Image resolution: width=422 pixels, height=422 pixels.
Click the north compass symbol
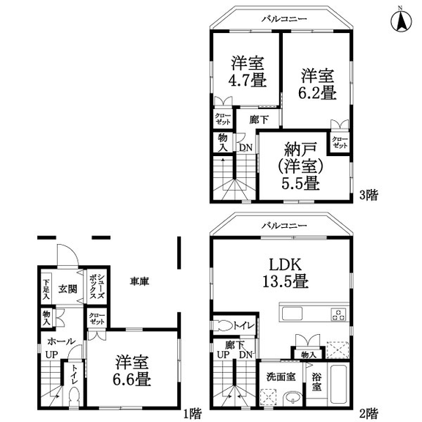[401, 21]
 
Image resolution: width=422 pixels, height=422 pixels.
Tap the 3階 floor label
[369, 195]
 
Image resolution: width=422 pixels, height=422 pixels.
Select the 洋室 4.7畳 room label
[248, 71]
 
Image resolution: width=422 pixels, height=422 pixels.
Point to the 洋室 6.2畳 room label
[317, 84]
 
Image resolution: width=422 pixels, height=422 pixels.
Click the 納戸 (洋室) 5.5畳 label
[300, 166]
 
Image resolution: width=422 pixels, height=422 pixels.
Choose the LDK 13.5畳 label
[286, 273]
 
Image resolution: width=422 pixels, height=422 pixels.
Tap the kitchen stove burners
[338, 314]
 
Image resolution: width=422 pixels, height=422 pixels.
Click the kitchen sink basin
[292, 314]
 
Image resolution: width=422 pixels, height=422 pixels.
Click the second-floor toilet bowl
[223, 325]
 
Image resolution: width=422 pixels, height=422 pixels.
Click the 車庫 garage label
[139, 281]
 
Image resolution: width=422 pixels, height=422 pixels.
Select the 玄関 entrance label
[68, 289]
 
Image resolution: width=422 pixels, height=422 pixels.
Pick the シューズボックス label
[97, 286]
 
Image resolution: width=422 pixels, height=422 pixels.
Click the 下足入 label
[46, 289]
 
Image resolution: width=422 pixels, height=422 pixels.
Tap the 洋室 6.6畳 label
[132, 371]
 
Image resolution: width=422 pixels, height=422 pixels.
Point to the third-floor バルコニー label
[285, 19]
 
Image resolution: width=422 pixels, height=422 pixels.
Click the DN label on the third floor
[245, 147]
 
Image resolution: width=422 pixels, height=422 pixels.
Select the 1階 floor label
[192, 414]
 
